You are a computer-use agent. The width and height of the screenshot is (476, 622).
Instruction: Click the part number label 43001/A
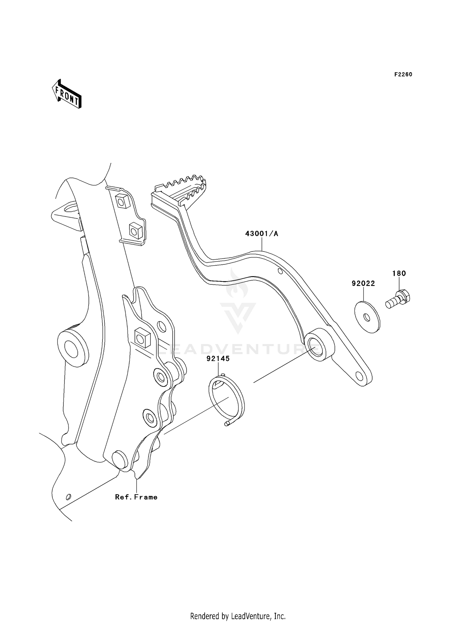pos(261,234)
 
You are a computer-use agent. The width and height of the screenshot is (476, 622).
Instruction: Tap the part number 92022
pos(363,283)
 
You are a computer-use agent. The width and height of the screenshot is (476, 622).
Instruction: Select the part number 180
pos(399,273)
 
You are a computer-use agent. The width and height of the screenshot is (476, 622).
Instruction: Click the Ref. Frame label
pos(136,497)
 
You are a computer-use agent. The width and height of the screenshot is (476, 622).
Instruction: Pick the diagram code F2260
pos(403,75)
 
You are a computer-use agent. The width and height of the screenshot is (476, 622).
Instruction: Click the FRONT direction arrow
pos(67,95)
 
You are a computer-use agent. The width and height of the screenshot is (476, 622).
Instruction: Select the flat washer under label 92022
pos(367,317)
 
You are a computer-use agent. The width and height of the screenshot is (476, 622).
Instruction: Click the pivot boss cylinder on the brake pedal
pos(319,346)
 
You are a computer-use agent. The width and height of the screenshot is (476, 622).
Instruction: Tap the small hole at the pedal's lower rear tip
pos(359,376)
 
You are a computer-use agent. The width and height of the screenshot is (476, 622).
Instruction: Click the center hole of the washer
pos(366,317)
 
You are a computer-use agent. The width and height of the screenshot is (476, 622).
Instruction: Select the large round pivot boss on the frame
pos(72,348)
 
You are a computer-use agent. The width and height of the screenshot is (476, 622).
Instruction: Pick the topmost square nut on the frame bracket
pos(122,200)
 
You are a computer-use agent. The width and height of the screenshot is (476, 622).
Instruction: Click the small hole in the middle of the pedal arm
pos(280,271)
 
